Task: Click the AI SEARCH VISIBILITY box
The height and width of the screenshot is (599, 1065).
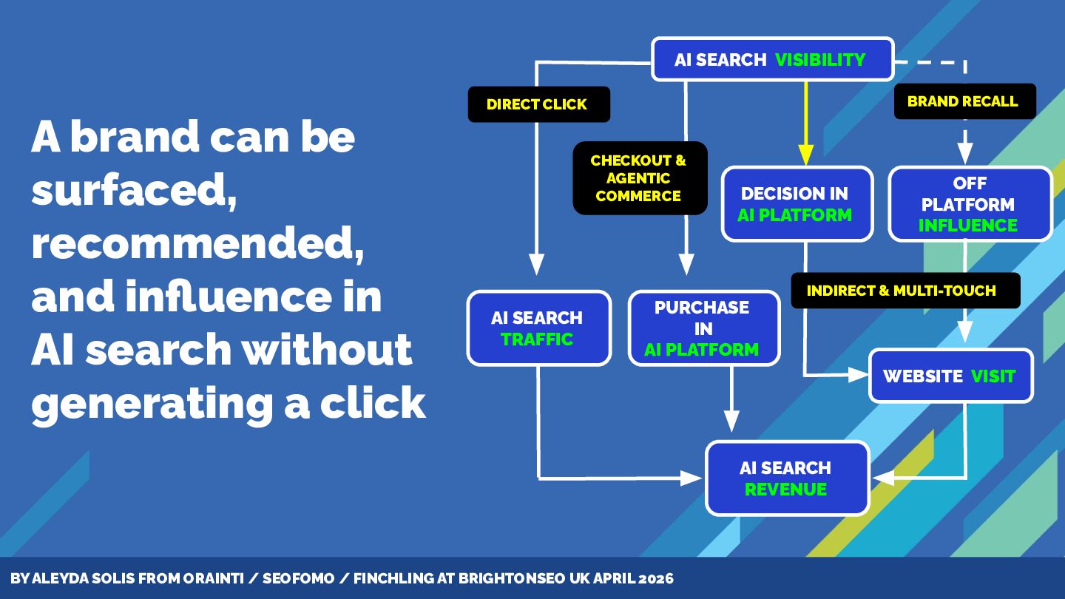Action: point(771,59)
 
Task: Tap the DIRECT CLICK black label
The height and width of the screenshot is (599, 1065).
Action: point(538,104)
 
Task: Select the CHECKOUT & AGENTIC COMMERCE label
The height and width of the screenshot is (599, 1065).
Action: point(639,178)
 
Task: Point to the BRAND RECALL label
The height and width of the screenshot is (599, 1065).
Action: point(963,101)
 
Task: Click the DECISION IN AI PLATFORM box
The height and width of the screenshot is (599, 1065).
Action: point(796,204)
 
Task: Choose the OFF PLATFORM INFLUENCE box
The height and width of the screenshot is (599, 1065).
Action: point(969,204)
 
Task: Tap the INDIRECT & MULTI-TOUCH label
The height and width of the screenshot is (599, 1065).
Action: point(902,291)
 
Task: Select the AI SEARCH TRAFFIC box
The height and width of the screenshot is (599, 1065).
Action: point(538,328)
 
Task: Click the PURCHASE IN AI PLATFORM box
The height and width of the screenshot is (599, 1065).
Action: point(703,328)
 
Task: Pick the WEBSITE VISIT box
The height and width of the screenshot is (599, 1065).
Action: point(950,376)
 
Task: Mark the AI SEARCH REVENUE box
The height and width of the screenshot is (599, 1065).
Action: point(786,478)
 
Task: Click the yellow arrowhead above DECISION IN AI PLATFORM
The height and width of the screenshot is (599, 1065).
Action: point(805,155)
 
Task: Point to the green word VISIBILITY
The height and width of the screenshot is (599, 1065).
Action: point(820,60)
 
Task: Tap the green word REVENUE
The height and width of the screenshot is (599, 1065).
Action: point(785,490)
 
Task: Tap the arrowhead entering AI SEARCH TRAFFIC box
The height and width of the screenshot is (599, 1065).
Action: point(537,264)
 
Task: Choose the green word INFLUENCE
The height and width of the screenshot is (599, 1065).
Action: point(968,226)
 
